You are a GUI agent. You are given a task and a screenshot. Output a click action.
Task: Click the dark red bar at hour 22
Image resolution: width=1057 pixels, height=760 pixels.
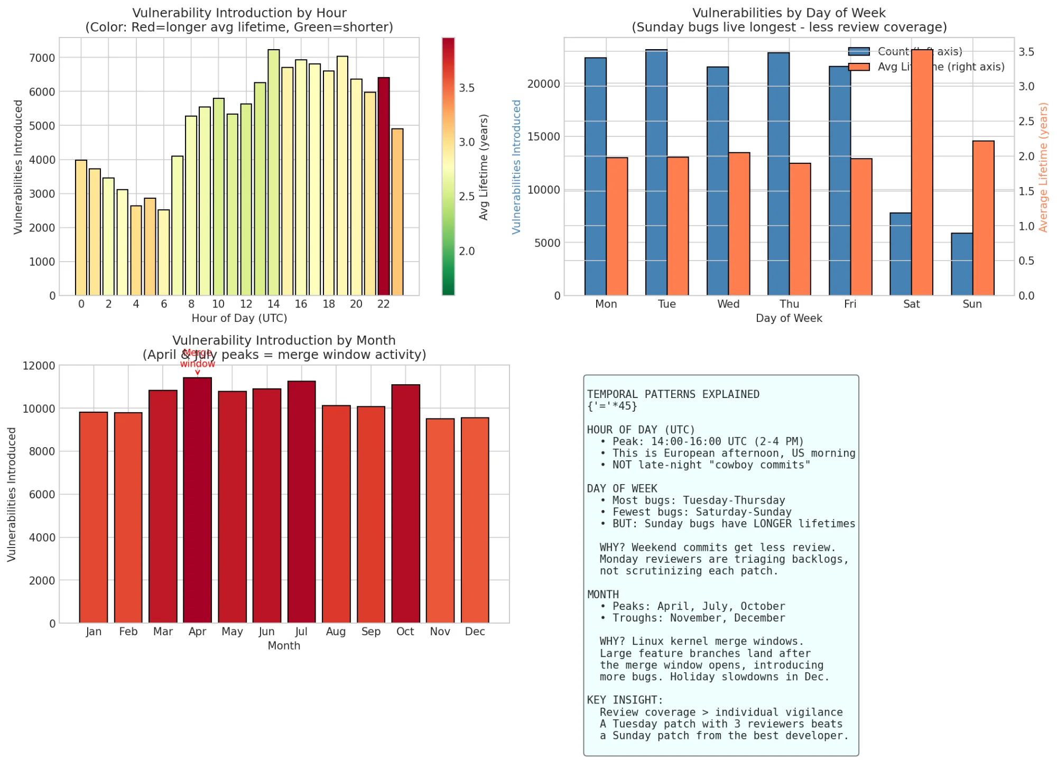coord(383,187)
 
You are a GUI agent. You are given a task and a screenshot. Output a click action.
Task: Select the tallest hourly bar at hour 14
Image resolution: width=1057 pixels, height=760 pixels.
coord(273,172)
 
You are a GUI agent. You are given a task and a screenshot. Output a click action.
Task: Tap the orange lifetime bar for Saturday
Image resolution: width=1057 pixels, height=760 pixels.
coord(922,172)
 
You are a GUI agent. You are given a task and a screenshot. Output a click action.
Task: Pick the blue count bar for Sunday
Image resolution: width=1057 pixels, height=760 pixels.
coord(961,264)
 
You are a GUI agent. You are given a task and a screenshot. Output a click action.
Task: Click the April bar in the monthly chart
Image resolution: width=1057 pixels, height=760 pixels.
coord(197,500)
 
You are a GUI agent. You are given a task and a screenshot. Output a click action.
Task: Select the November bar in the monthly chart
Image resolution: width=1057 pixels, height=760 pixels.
coord(440,521)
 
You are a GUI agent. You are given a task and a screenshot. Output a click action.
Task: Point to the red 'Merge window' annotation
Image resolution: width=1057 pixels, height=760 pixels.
coord(197,359)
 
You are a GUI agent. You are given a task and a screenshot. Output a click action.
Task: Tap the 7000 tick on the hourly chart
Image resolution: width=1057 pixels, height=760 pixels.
coord(42,58)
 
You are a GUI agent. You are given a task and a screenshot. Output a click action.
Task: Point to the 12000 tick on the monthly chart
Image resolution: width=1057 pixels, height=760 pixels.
coord(39,366)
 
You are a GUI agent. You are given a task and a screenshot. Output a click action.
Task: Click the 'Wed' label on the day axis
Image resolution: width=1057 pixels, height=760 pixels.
coord(728,304)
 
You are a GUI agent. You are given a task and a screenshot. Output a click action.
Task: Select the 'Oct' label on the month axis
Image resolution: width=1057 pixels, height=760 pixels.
coord(405,632)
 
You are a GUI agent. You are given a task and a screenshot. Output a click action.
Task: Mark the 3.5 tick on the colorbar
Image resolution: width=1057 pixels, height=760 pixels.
coord(467,88)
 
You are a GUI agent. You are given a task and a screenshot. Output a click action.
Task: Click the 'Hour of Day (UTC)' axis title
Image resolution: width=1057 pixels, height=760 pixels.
coord(239,318)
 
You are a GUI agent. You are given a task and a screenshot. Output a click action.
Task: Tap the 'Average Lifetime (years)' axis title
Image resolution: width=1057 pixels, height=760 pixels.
coord(1043,167)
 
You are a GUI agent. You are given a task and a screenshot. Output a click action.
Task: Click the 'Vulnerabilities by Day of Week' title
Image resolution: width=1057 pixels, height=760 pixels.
coord(789,13)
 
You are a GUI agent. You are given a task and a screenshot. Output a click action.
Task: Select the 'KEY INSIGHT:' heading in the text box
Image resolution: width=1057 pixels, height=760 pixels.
coord(625,700)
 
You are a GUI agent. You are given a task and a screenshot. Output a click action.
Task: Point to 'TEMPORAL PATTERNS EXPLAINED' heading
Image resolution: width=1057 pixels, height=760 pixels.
coord(673,394)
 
